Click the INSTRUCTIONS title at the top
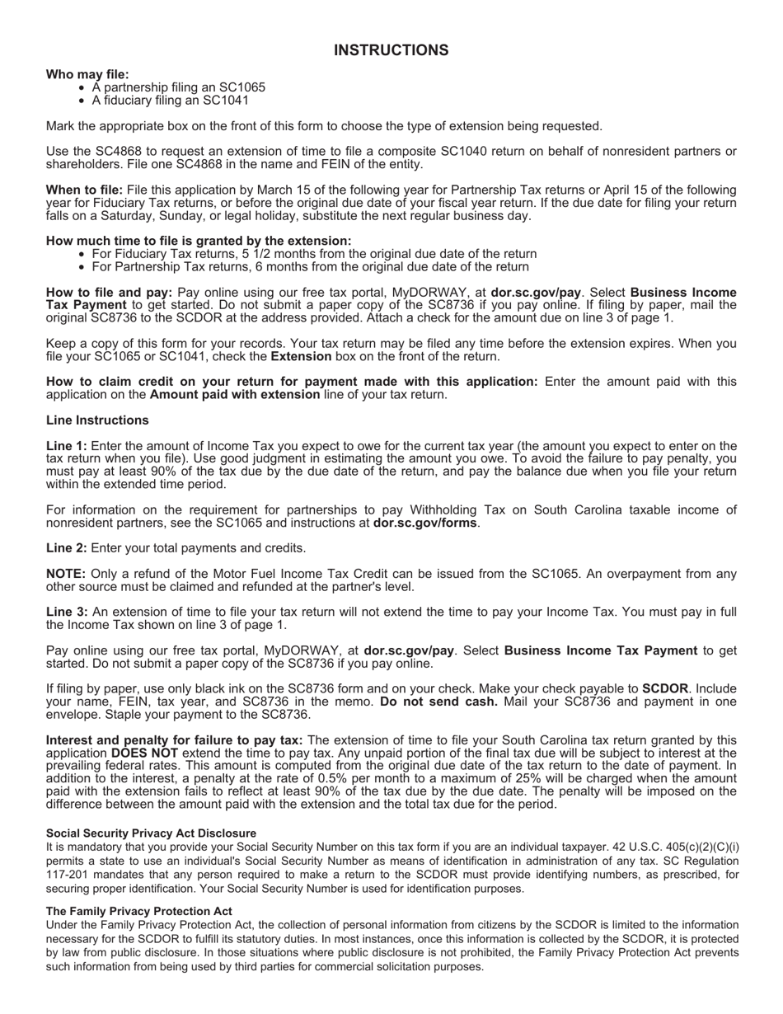pyautogui.click(x=391, y=51)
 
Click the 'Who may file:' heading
pyautogui.click(x=87, y=74)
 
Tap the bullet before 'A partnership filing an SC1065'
pyautogui.click(x=82, y=87)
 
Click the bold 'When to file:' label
pyautogui.click(x=84, y=190)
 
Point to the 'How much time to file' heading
pyautogui.click(x=198, y=241)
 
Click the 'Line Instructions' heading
pyautogui.click(x=97, y=420)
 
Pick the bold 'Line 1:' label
pyautogui.click(x=66, y=446)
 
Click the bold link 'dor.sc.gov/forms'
pyautogui.click(x=425, y=523)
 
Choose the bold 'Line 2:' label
pyautogui.click(x=66, y=548)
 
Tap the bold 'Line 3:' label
pyautogui.click(x=66, y=613)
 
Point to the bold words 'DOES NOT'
pyautogui.click(x=144, y=753)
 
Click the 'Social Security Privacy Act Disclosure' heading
pyautogui.click(x=151, y=833)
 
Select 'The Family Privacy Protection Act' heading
pyautogui.click(x=138, y=912)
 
